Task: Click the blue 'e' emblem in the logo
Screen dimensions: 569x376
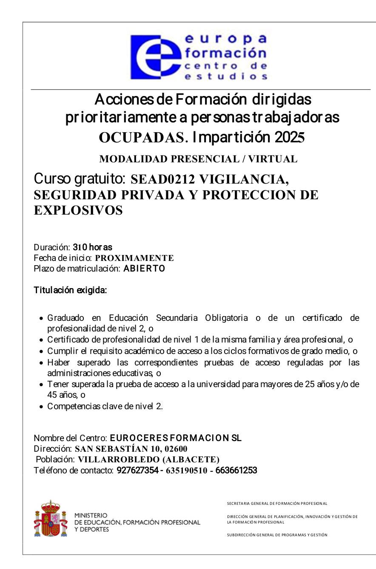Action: pyautogui.click(x=156, y=57)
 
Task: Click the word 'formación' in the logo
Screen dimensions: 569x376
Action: pyautogui.click(x=225, y=53)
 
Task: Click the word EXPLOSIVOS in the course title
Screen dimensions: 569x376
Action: pyautogui.click(x=78, y=210)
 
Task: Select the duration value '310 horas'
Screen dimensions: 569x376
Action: pyautogui.click(x=92, y=247)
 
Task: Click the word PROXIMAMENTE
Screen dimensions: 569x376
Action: pyautogui.click(x=134, y=258)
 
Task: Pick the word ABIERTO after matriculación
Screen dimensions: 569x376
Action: pyautogui.click(x=144, y=269)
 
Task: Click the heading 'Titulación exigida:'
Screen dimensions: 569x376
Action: pyautogui.click(x=70, y=291)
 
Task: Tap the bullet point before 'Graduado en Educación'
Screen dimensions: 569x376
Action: pyautogui.click(x=41, y=318)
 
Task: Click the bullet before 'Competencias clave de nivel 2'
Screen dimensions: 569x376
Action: pyautogui.click(x=41, y=407)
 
